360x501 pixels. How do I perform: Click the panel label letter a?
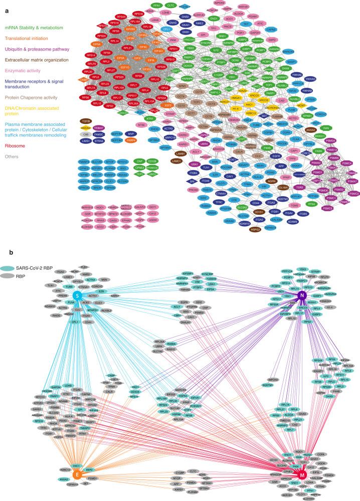tap(4, 5)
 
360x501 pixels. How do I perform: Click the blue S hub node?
tap(77, 295)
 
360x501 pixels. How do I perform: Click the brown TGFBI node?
tap(86, 121)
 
